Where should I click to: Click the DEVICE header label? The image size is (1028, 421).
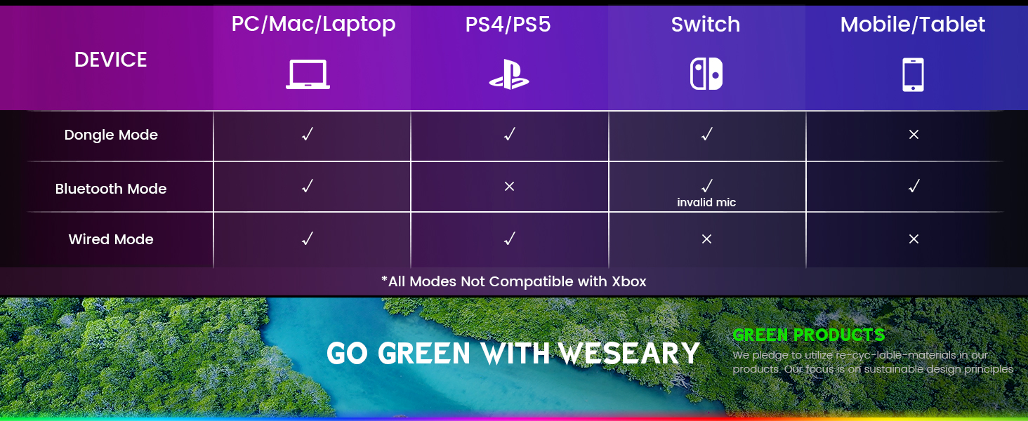point(111,60)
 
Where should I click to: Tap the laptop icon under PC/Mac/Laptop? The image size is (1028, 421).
point(308,74)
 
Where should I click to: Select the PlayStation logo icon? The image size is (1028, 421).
point(509,74)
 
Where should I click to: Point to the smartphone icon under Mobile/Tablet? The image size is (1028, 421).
point(913,74)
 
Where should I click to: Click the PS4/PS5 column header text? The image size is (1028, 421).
point(508,25)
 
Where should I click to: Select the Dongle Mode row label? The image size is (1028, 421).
point(111,135)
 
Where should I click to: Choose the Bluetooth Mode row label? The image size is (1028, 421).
point(111,189)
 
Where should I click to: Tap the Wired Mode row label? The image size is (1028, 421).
point(111,239)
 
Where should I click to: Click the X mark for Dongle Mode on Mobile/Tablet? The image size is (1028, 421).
point(914,134)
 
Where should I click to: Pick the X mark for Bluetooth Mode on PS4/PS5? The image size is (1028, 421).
point(510,187)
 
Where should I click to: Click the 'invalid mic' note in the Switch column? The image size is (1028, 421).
point(706,203)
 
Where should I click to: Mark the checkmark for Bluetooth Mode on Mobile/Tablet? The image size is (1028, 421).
point(914,186)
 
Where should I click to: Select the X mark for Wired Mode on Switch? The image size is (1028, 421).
point(706,239)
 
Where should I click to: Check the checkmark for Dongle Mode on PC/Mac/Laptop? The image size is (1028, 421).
point(307,134)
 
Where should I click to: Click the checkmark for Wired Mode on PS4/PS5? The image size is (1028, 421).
point(510,239)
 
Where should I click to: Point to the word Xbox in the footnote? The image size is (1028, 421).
point(628,281)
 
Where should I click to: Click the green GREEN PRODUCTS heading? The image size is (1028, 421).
point(808,335)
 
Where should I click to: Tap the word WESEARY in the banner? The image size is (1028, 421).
point(629,354)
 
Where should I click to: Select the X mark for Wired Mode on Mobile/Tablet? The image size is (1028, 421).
point(914,239)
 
